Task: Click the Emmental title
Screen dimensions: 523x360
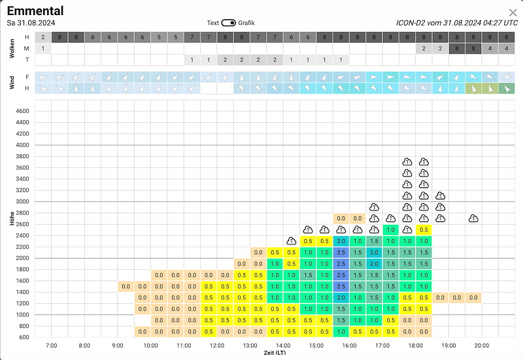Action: (35, 10)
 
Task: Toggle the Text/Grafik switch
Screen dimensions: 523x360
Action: (228, 23)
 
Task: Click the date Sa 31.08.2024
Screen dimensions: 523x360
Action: (31, 23)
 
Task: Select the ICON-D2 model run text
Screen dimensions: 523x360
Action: (457, 23)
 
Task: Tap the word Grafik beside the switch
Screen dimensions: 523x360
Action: (246, 23)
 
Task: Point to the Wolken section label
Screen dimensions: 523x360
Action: (12, 48)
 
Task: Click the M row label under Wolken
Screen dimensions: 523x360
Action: (27, 48)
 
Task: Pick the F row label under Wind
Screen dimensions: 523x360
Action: (27, 77)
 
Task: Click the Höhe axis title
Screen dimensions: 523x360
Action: (12, 218)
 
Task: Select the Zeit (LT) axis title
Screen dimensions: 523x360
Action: (275, 353)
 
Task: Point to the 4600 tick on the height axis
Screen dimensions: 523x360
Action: (22, 111)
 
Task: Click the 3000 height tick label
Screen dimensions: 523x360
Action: (22, 201)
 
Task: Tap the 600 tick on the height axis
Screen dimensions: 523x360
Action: (24, 337)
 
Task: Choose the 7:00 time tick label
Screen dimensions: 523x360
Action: (52, 346)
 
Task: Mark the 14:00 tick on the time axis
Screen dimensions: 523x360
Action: (283, 346)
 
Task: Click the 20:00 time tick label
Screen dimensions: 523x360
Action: (482, 346)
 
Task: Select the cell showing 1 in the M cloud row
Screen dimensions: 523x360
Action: (43, 48)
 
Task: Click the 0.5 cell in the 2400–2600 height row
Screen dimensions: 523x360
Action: (424, 230)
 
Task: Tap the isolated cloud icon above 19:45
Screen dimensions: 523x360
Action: (473, 219)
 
